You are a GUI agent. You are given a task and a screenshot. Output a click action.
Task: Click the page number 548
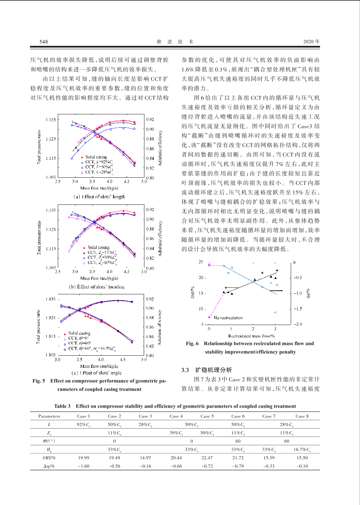tap(43, 41)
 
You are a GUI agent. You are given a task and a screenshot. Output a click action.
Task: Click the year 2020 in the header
tap(308, 41)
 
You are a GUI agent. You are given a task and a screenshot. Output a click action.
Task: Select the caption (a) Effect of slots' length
tap(99, 197)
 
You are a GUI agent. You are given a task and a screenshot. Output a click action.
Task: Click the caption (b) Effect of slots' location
tap(97, 287)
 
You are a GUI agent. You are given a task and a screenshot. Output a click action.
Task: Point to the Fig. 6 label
tap(192, 343)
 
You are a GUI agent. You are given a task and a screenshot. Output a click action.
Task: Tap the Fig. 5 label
tap(39, 381)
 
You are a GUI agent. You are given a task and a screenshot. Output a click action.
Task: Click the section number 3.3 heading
tap(185, 370)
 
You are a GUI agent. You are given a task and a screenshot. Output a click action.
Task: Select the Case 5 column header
tap(207, 416)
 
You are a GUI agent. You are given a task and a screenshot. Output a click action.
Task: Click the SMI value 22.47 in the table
tap(207, 458)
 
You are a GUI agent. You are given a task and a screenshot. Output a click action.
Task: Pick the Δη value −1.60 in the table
tap(83, 466)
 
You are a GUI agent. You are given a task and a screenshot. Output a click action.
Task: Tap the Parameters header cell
tap(49, 416)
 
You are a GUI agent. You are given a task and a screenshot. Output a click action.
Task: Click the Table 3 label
tap(62, 406)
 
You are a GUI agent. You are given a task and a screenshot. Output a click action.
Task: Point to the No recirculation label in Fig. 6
tap(228, 318)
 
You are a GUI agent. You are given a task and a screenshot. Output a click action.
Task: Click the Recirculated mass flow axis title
tap(251, 336)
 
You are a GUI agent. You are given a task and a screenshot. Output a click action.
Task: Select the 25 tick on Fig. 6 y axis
tap(201, 262)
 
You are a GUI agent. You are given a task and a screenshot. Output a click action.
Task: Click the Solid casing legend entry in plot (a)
tap(96, 157)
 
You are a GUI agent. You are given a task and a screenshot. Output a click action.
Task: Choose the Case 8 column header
tap(302, 416)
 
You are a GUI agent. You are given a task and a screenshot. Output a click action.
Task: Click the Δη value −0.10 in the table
tap(302, 466)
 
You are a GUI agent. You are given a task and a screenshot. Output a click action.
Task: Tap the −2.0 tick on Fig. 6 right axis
tap(298, 324)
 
